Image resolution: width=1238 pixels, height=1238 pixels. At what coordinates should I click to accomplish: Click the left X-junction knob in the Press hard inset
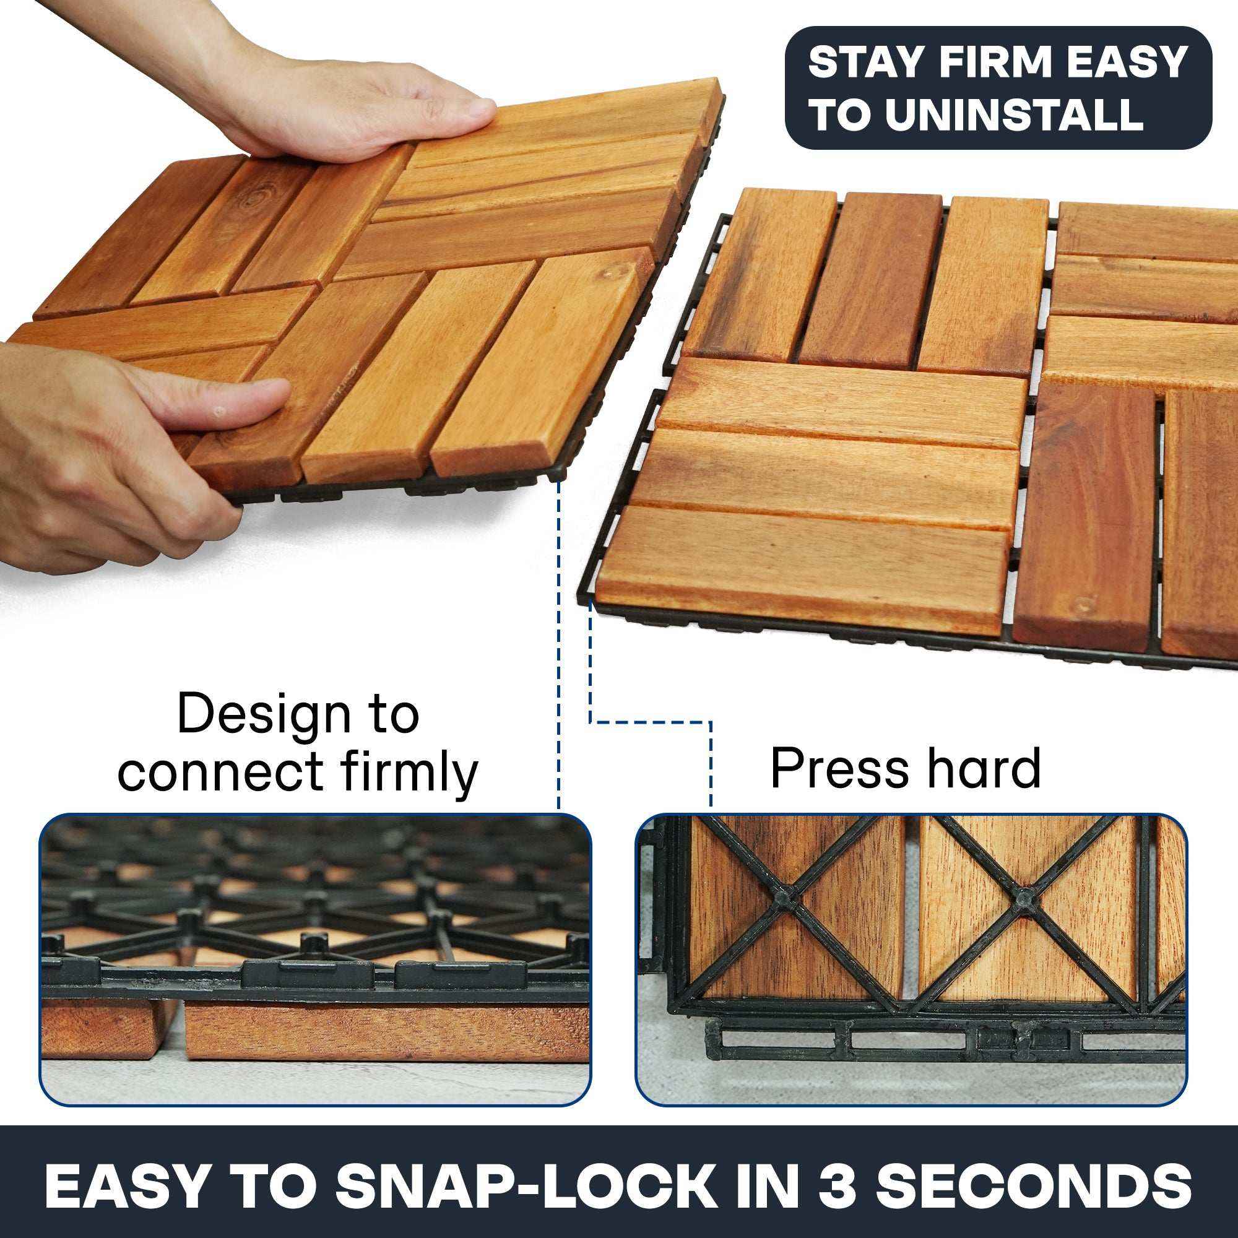pos(786,898)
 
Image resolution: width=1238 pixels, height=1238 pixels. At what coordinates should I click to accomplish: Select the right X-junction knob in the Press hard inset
pos(1023,898)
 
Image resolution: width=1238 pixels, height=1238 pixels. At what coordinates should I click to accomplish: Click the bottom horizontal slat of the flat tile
pos(801,564)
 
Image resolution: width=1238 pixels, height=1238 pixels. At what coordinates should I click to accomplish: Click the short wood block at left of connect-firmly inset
pos(103,1028)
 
